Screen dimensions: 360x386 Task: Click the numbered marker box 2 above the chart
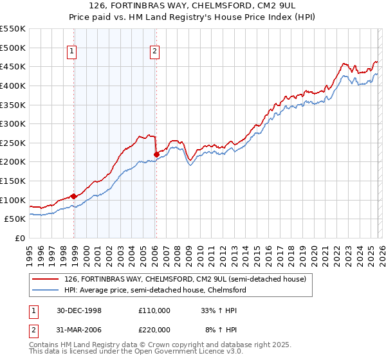pos(155,53)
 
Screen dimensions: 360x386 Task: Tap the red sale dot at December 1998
pos(74,196)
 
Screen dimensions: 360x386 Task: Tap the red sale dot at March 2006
pos(156,154)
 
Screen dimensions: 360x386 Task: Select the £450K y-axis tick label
pos(13,66)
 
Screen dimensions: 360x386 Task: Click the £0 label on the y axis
pos(20,238)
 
